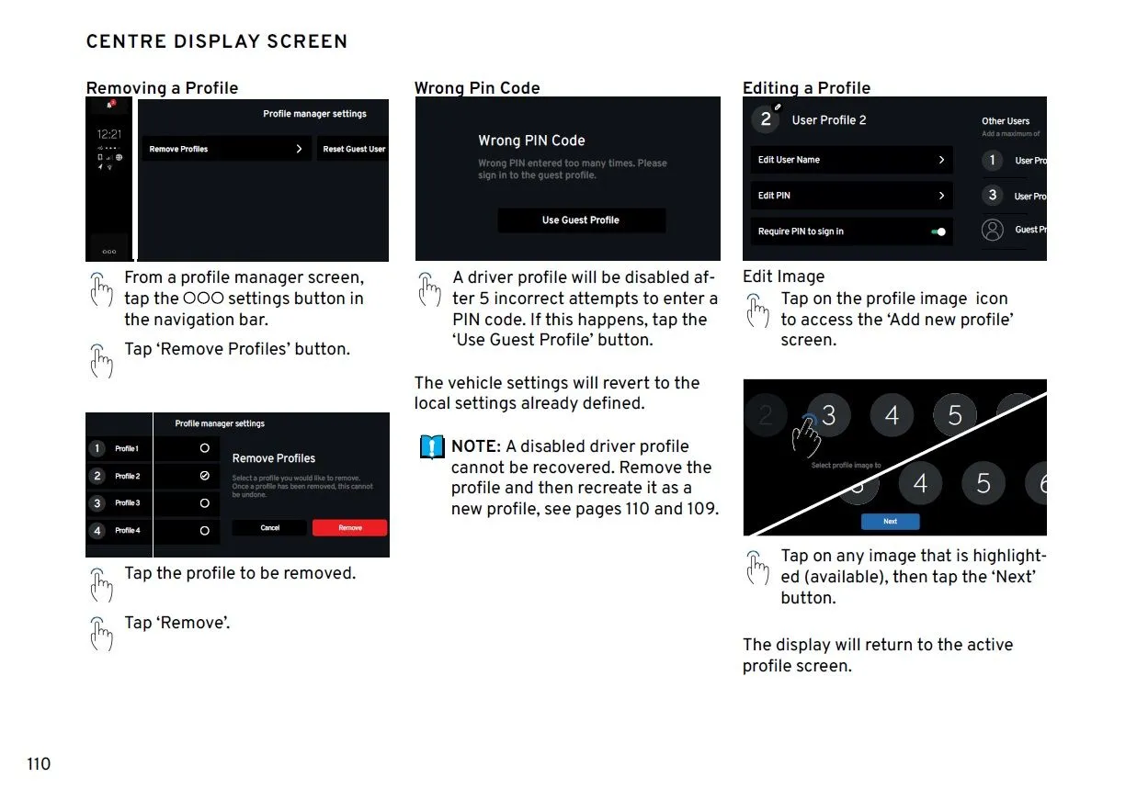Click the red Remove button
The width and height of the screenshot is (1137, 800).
coord(349,528)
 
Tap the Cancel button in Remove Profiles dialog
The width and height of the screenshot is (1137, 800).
coord(269,528)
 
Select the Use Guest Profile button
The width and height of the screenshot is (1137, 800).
coord(581,220)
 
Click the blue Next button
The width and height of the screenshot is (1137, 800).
coord(890,521)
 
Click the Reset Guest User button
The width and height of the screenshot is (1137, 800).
coord(354,149)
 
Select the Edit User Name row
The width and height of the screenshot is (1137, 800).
coord(851,160)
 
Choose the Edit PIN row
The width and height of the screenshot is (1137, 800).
coord(851,196)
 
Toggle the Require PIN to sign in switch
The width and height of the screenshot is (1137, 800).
coord(938,231)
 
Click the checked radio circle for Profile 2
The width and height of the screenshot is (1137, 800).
coord(204,476)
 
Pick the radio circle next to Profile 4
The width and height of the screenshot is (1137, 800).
coord(204,531)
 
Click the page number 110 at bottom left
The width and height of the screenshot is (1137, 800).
coord(39,764)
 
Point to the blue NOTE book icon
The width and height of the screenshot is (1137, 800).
coord(431,447)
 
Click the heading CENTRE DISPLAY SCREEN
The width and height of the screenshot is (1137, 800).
coord(217,41)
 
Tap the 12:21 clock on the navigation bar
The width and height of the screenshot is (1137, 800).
coord(109,134)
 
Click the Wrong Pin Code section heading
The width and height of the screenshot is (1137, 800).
coord(477,88)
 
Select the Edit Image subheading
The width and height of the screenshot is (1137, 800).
coord(783,276)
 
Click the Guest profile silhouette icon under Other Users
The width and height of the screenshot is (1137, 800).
coord(992,230)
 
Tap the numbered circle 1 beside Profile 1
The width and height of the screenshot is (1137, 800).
coord(97,449)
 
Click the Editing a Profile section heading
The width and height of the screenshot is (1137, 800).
coord(806,88)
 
